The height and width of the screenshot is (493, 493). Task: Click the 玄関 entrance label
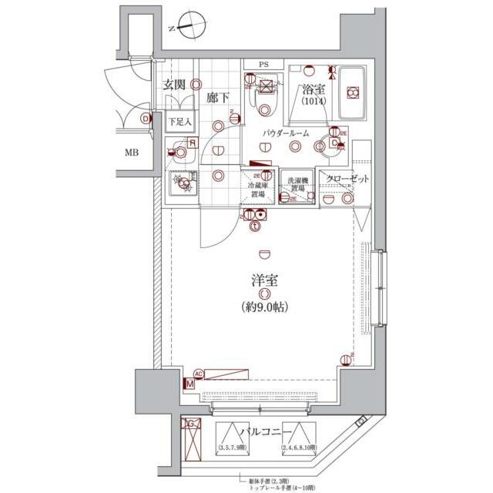pos(173,86)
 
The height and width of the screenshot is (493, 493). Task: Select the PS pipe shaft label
pos(264,65)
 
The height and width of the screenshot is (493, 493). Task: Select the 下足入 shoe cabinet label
pos(180,122)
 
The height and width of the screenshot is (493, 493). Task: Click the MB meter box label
pos(133,152)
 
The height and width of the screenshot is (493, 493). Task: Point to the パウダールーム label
pos(285,133)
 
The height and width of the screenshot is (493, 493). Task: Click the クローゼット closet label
pos(347,179)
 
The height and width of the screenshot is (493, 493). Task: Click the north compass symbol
pos(188,26)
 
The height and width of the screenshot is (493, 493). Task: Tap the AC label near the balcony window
pos(198,372)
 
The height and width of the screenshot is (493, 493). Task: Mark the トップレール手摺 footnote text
pos(282,487)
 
